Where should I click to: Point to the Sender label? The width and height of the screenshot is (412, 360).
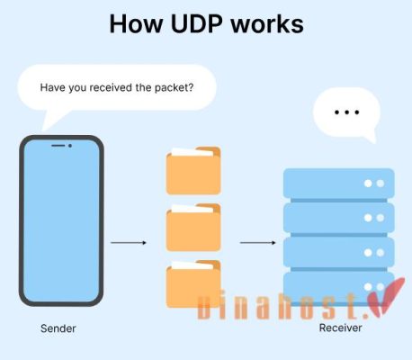click(x=58, y=328)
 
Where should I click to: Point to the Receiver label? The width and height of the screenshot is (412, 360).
click(x=340, y=328)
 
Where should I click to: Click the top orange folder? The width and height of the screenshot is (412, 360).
click(x=193, y=171)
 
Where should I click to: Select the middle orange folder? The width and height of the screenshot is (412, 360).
click(x=193, y=228)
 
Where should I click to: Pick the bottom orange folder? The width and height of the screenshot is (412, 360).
click(x=193, y=284)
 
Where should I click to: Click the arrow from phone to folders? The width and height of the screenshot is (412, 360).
click(x=129, y=242)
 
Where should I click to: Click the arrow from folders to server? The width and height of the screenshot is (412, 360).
click(x=257, y=242)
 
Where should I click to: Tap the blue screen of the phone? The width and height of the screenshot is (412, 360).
click(x=61, y=220)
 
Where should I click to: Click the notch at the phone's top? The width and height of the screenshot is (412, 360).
click(x=61, y=146)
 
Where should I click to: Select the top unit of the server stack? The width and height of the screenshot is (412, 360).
click(x=339, y=184)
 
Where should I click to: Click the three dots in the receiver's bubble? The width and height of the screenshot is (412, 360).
click(x=346, y=113)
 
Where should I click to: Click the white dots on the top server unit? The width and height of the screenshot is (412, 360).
click(x=373, y=184)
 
